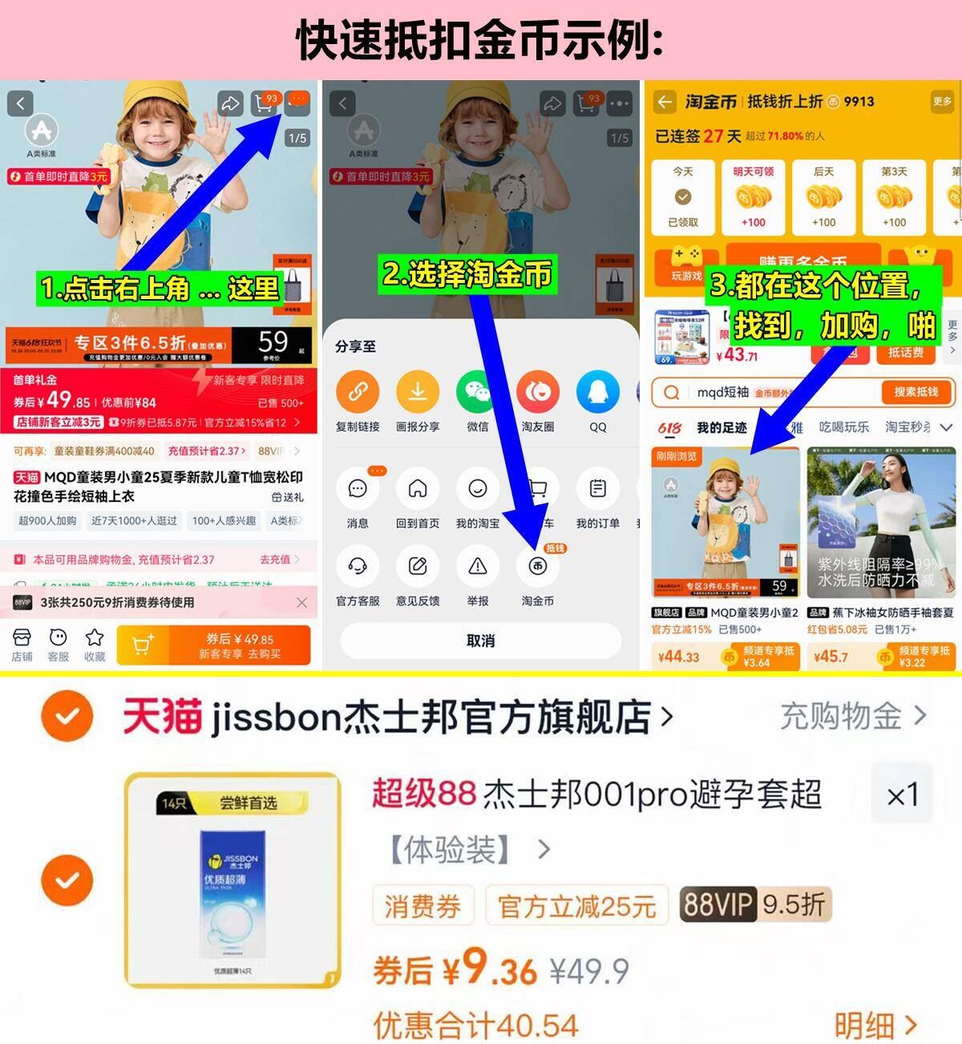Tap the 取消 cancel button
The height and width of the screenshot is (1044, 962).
click(480, 641)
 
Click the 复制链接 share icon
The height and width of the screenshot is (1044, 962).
click(358, 392)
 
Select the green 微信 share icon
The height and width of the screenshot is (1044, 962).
click(478, 392)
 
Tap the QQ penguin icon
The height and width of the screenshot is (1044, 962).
click(598, 392)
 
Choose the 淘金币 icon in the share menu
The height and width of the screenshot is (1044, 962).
click(538, 567)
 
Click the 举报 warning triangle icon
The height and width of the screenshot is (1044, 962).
click(478, 567)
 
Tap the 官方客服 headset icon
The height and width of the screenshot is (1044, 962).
click(358, 567)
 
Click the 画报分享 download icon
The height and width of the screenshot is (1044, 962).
click(418, 392)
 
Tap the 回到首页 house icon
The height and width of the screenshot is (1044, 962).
click(418, 489)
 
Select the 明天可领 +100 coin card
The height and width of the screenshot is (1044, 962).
click(754, 197)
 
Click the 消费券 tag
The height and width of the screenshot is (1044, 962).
click(422, 907)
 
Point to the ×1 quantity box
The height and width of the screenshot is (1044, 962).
click(903, 795)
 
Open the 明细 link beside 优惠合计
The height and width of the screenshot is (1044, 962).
click(875, 1025)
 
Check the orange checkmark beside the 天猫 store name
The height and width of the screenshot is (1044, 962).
click(67, 715)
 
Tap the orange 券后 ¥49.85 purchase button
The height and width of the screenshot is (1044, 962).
click(213, 645)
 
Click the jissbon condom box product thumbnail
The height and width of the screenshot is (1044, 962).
click(232, 880)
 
